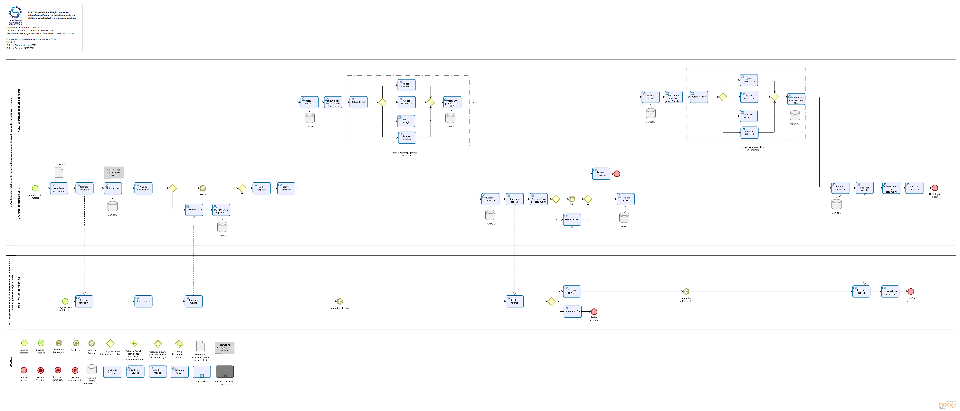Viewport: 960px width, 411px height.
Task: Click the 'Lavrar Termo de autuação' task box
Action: point(59,188)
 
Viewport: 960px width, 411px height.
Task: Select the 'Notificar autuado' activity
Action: point(84,188)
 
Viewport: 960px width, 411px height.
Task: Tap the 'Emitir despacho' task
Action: point(261,188)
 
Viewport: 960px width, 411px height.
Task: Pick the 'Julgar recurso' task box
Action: point(699,97)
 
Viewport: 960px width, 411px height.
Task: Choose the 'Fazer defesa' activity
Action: point(143,301)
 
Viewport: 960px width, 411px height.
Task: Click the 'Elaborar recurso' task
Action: point(572,291)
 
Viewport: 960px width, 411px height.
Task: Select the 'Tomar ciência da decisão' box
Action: point(890,291)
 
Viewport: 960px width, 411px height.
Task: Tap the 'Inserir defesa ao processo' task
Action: point(221,210)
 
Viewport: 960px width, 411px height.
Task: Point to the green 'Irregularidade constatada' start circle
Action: point(35,188)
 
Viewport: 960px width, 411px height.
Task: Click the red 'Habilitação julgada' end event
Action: point(935,188)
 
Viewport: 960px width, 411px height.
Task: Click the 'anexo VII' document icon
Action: point(59,172)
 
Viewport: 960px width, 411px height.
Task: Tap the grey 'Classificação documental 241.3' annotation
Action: point(114,172)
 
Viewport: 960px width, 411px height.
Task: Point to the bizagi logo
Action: point(947,405)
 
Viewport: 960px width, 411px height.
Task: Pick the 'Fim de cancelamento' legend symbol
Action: point(75,370)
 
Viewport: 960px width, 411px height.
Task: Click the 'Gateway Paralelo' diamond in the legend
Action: point(134,344)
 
